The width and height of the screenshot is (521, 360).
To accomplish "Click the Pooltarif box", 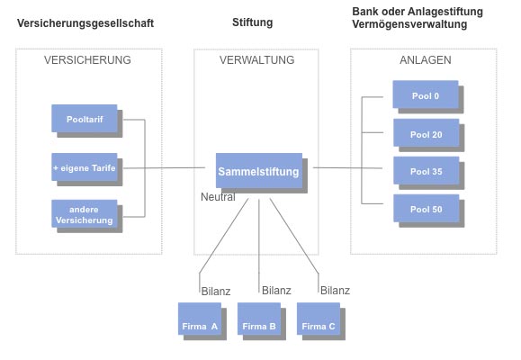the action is (85, 119).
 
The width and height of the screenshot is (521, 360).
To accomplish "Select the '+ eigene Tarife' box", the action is (85, 167).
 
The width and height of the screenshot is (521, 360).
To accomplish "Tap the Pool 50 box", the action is (427, 209).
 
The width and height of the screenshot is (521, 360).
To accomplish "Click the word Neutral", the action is (218, 197).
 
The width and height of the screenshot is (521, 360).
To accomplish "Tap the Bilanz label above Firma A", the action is (216, 292).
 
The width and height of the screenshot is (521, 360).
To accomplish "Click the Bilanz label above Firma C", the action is (335, 291).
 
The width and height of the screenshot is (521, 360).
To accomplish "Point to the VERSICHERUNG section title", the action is (87, 59).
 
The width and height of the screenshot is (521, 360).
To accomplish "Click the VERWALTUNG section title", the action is (256, 59).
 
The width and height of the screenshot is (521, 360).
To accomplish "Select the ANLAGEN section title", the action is (426, 59).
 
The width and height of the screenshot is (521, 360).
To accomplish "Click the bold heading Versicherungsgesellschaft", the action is (85, 23).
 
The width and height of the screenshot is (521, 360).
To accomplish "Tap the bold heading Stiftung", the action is (253, 22).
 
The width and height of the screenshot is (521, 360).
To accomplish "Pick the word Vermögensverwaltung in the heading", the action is (409, 24).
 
